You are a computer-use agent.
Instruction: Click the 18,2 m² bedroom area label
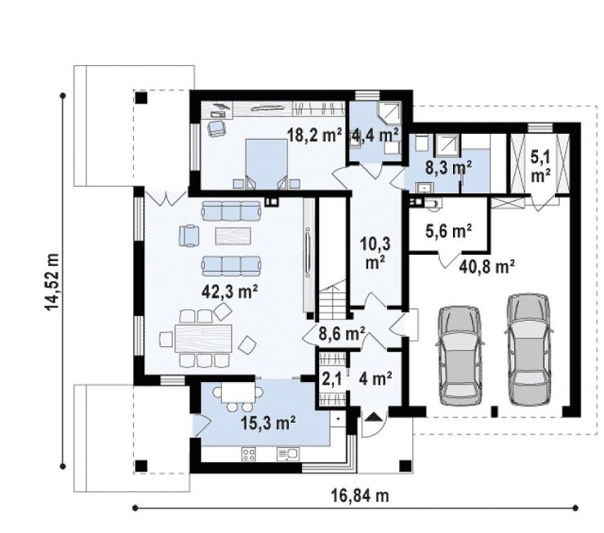point(315,135)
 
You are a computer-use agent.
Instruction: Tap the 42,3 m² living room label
point(230,291)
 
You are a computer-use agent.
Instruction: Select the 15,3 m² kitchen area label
point(268,424)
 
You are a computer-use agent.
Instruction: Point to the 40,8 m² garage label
point(487,266)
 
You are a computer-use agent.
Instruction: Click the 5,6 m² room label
point(449,231)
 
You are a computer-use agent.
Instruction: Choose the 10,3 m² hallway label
point(375,253)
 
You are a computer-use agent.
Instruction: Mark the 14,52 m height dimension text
point(51,282)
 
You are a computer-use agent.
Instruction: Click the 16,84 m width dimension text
point(360,495)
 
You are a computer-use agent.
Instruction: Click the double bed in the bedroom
point(267,164)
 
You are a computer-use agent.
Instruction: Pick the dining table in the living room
point(203,338)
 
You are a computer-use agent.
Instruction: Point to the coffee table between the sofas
point(233,236)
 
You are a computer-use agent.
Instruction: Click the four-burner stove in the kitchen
point(249,454)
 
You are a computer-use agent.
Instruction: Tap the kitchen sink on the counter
point(287,454)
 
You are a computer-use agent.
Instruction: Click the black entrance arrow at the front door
point(373,417)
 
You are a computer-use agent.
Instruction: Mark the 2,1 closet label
point(331,379)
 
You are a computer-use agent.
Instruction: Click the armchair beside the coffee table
point(189,235)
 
